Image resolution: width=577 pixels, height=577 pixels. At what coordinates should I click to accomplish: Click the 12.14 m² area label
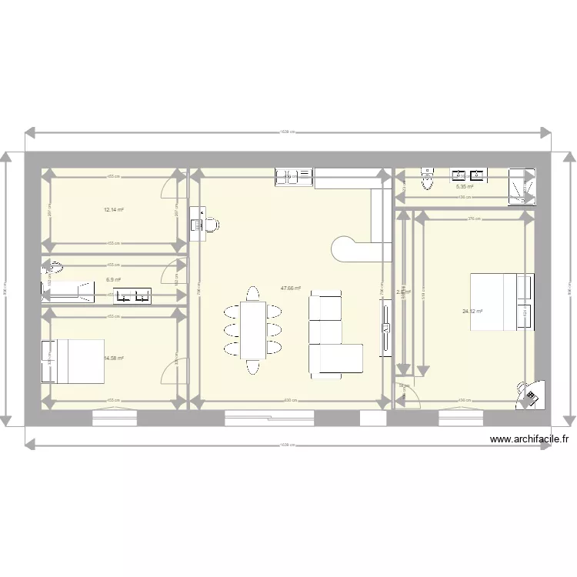114,209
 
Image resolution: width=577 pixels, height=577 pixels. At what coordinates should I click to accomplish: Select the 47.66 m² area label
290,288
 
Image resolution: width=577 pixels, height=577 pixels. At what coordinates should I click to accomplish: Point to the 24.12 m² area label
472,312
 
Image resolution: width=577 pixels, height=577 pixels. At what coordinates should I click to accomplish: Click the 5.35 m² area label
464,187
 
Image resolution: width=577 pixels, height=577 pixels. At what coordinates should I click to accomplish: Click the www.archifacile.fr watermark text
529,440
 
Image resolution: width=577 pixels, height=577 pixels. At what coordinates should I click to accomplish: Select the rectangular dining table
253,330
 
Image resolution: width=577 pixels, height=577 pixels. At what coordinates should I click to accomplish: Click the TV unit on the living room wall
385,329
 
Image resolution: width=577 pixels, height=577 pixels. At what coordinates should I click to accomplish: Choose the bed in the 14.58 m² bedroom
75,361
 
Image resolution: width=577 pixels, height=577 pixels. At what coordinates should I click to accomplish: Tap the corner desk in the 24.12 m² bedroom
531,395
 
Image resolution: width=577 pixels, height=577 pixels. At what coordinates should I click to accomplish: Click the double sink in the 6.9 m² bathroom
132,294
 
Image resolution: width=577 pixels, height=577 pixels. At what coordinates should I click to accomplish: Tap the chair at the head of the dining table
253,293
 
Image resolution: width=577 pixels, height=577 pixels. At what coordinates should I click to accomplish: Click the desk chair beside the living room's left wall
211,225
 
